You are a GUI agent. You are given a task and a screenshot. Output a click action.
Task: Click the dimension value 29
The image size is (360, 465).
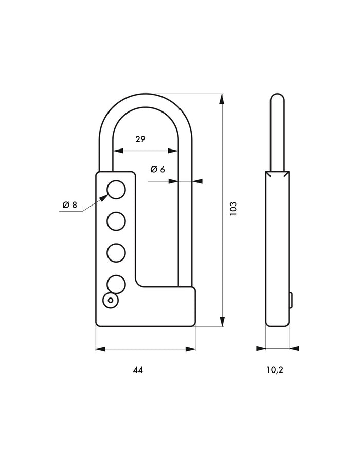(x=140, y=139)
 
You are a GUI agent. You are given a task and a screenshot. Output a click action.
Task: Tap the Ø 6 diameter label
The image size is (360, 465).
(x=157, y=170)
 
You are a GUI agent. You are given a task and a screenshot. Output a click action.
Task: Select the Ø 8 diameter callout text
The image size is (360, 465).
(x=70, y=204)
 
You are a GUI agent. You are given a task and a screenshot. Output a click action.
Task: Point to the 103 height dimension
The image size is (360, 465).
(x=233, y=209)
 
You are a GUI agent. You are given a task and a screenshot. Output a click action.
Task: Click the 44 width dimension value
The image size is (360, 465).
(x=138, y=370)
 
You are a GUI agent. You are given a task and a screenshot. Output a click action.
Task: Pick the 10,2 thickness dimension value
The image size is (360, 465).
(x=275, y=370)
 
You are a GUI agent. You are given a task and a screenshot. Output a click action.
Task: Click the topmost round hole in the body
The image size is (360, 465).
(x=116, y=190)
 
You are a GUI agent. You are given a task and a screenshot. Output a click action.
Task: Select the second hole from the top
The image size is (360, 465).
(x=116, y=221)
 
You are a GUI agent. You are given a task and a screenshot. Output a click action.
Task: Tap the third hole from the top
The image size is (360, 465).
(x=116, y=253)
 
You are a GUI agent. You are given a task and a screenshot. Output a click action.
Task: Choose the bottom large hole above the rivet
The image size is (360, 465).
(x=116, y=284)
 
